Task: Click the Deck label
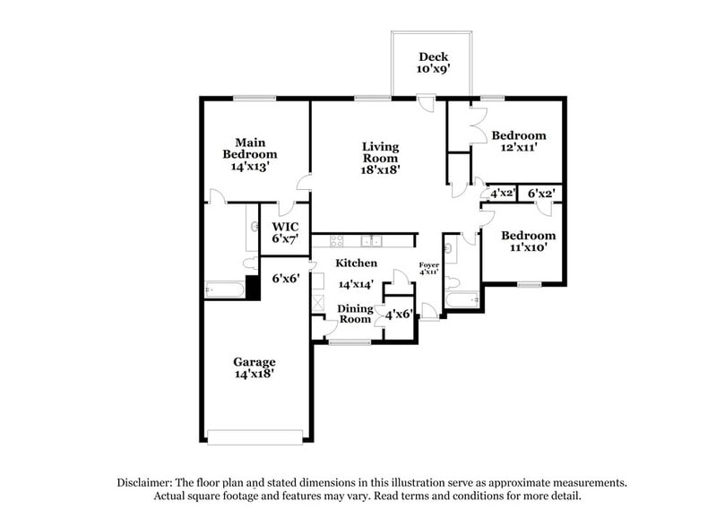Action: point(434,56)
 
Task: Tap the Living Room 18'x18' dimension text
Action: point(381,168)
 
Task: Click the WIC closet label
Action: point(285,227)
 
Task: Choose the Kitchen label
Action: point(356,263)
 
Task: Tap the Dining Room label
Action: point(355,314)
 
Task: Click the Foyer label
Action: point(429,263)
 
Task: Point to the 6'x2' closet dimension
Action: point(541,193)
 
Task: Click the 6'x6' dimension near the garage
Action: point(285,279)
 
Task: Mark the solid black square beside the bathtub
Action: point(253,288)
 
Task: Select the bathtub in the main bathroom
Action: point(224,289)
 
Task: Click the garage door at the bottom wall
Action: point(255,437)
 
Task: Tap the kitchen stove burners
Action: point(338,240)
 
